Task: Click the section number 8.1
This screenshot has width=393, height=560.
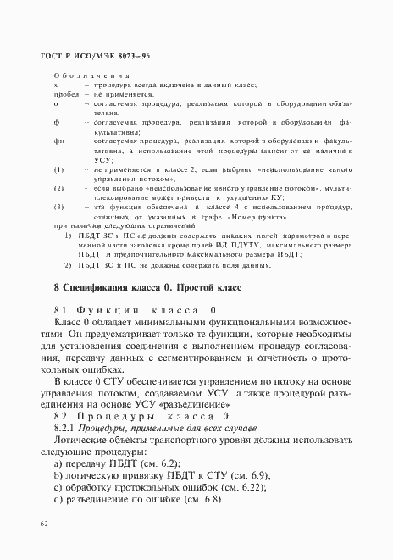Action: tap(61, 309)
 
